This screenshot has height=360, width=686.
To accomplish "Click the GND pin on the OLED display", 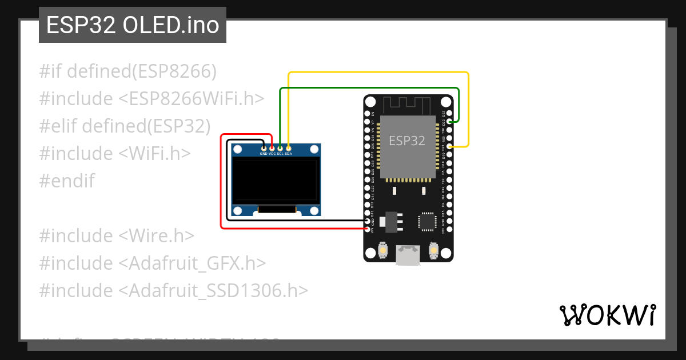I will [264, 147].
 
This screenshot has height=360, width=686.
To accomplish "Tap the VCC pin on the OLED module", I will [272, 147].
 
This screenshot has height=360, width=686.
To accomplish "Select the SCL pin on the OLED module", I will [280, 147].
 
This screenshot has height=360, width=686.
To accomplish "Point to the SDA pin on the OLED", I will [288, 147].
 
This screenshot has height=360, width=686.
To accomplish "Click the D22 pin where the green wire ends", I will [450, 121].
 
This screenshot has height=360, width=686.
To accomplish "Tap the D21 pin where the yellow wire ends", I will [450, 146].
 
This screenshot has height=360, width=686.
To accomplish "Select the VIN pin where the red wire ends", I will [367, 229].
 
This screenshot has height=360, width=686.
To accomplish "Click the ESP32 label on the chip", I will [407, 141].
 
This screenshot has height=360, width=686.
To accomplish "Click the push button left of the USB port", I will [382, 250].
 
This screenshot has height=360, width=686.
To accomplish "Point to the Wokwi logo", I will [608, 315].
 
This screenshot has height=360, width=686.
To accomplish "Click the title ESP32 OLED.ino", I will [133, 25].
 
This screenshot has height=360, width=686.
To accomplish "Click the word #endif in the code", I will [67, 181].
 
